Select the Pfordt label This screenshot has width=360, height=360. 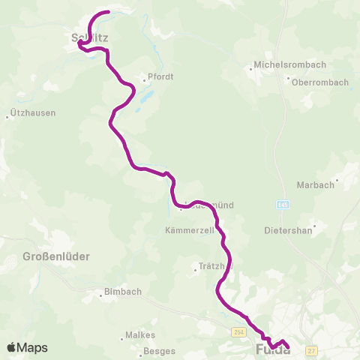pyautogui.click(x=160, y=76)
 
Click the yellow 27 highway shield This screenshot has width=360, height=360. pyautogui.click(x=312, y=350)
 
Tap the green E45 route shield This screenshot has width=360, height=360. pyautogui.click(x=281, y=202)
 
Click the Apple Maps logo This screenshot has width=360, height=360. pyautogui.click(x=27, y=347)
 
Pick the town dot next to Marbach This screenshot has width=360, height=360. pyautogui.click(x=337, y=180)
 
